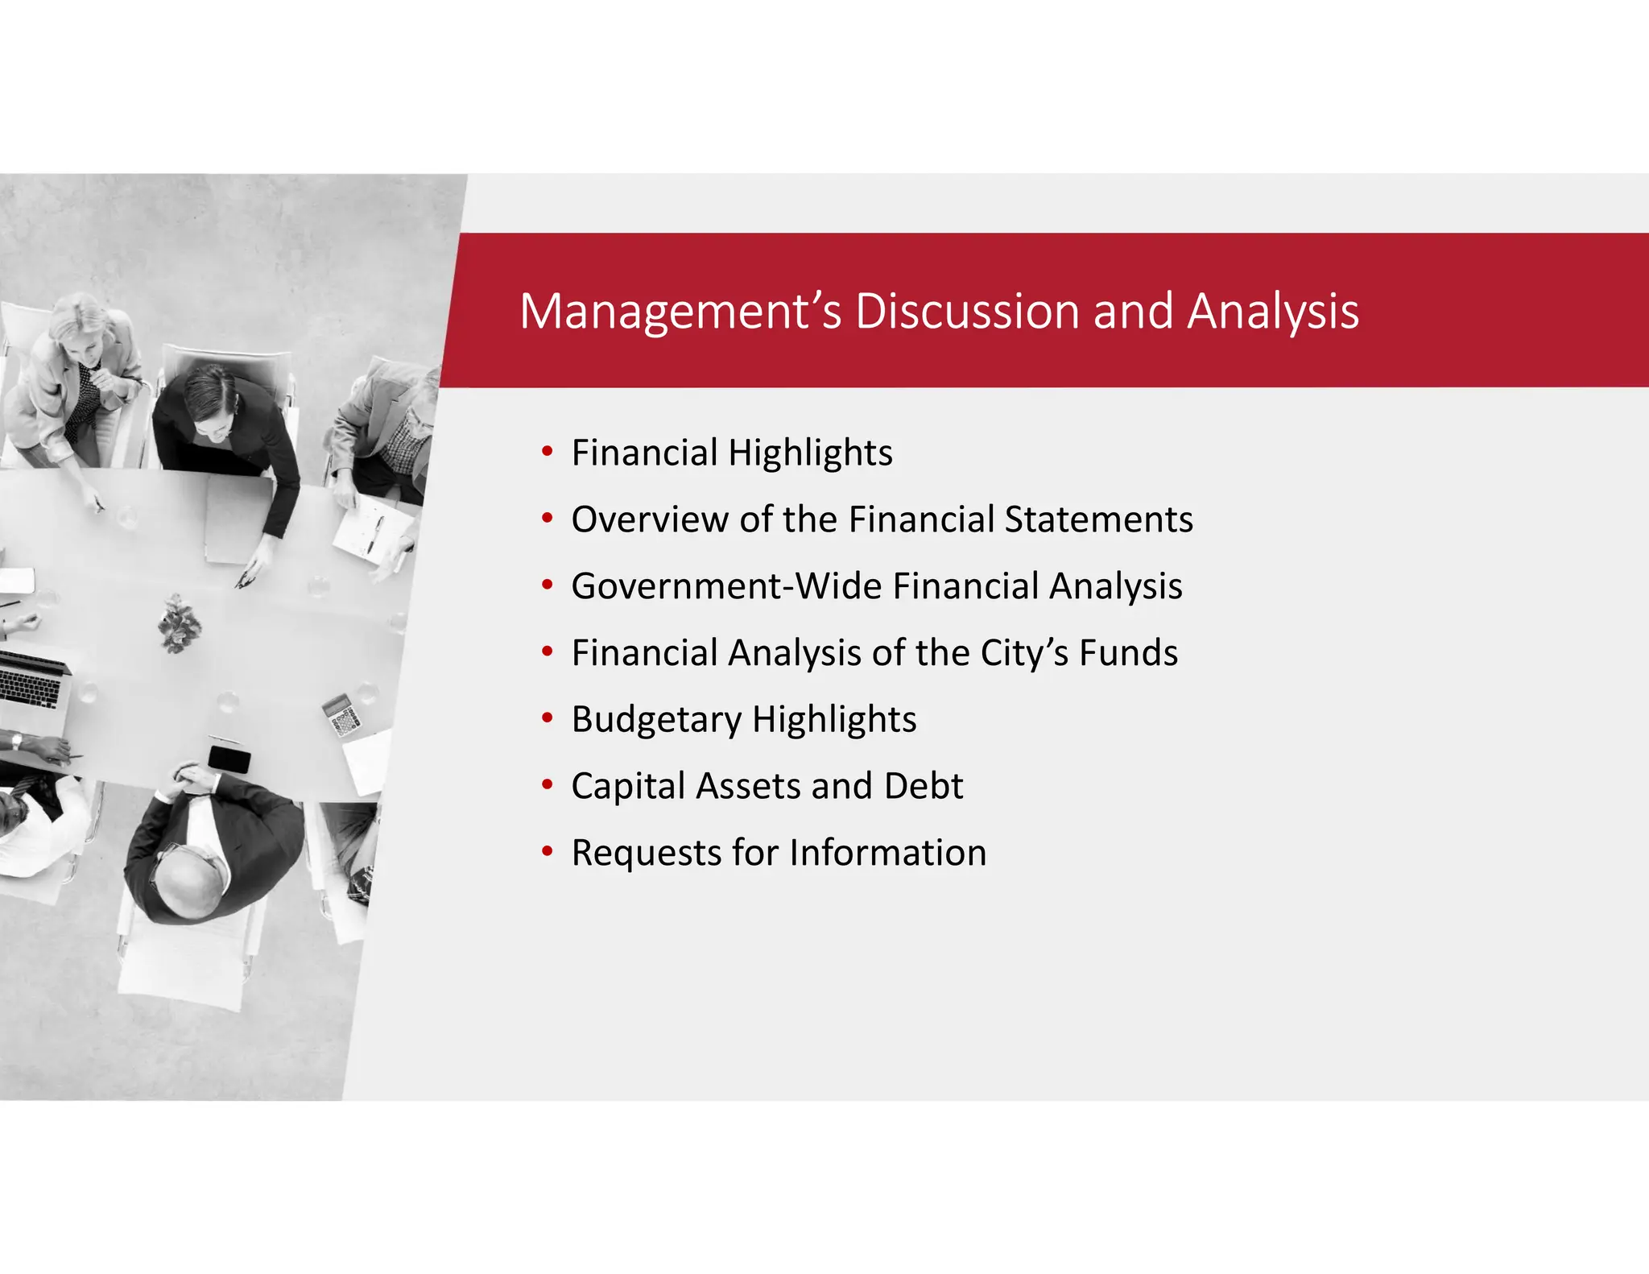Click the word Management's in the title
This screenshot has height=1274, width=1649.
pyautogui.click(x=680, y=312)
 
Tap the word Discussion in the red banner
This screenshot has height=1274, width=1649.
pyautogui.click(x=966, y=312)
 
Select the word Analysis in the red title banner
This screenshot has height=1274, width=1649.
pyautogui.click(x=1273, y=312)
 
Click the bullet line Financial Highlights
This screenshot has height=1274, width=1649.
pyautogui.click(x=731, y=453)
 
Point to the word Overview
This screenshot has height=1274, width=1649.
pyautogui.click(x=649, y=519)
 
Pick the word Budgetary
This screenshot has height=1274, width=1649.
pyautogui.click(x=656, y=719)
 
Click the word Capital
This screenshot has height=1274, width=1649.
pyautogui.click(x=628, y=786)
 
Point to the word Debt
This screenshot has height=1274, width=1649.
pyautogui.click(x=923, y=786)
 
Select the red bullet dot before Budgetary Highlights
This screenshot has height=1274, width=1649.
pyautogui.click(x=548, y=717)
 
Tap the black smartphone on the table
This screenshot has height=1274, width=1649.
pyautogui.click(x=229, y=759)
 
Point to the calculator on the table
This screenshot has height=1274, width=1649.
pyautogui.click(x=342, y=715)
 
